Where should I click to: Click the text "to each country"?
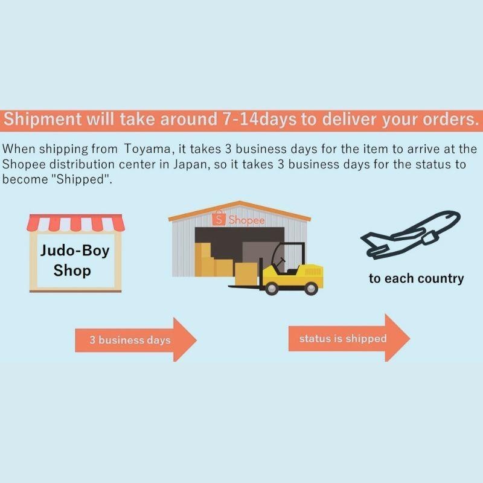[x=417, y=278]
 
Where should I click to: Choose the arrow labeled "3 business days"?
[x=136, y=339]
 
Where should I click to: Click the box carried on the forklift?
[x=248, y=273]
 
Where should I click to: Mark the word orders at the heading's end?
[x=445, y=118]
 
